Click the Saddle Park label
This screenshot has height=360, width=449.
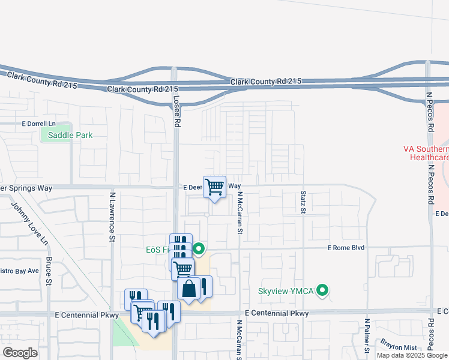pyautogui.click(x=70, y=135)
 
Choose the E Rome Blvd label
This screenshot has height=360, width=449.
pyautogui.click(x=346, y=247)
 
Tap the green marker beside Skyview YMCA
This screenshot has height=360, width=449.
pyautogui.click(x=323, y=291)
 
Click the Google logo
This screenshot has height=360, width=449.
pyautogui.click(x=20, y=352)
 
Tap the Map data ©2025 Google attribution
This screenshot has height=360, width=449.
pyautogui.click(x=412, y=355)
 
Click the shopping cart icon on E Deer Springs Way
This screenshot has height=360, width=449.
pyautogui.click(x=214, y=187)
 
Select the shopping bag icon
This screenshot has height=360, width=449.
pyautogui.click(x=188, y=288)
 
